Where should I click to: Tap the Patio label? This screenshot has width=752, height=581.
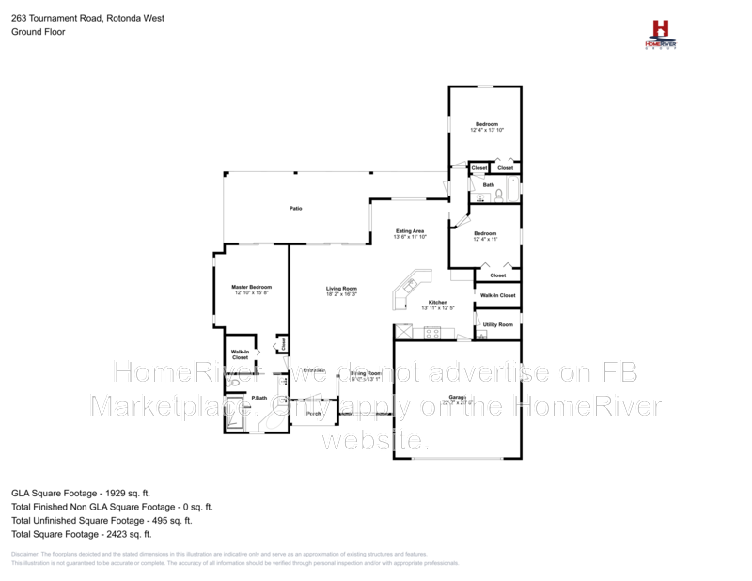[295, 208]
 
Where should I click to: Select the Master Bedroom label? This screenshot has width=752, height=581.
[251, 286]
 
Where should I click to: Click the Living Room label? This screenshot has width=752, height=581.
[341, 288]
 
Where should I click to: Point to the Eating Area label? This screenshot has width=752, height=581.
[410, 230]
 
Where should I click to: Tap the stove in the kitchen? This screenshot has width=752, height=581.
[433, 332]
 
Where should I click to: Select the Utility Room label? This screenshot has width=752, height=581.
[498, 324]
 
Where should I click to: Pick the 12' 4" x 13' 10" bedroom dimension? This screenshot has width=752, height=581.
[487, 130]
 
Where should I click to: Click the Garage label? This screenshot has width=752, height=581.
[458, 398]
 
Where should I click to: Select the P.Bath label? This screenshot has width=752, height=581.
[260, 399]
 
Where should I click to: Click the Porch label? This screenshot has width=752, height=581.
[314, 413]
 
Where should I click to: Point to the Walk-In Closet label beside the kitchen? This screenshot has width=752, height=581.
[497, 296]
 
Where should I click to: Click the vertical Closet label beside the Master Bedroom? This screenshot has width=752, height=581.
[284, 345]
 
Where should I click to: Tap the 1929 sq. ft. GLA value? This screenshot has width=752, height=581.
[128, 492]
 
